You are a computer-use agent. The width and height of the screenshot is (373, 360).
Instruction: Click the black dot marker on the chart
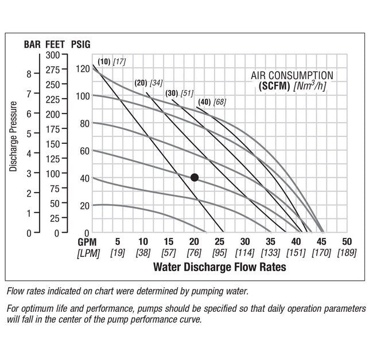[x=195, y=178]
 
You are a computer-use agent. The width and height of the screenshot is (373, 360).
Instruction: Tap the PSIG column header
[x=80, y=44]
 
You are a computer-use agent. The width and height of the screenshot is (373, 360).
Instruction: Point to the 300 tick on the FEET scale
[x=53, y=54]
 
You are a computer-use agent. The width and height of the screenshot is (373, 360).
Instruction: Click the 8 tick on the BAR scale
[x=29, y=74]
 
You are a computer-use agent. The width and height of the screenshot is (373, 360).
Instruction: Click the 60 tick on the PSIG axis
[x=84, y=151]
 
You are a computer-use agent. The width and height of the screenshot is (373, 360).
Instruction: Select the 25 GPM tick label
[x=219, y=242]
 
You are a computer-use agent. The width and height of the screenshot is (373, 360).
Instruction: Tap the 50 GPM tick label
[x=347, y=242]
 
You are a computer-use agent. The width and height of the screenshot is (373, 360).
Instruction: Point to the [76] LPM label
[x=194, y=253]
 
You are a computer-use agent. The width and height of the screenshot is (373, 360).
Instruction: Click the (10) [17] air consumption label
[x=111, y=61]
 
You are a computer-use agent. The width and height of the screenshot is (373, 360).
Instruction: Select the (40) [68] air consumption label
[x=211, y=102]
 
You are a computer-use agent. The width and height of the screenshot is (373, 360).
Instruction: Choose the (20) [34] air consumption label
[x=148, y=83]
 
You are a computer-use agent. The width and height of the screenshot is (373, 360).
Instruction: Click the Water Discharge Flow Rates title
[x=219, y=267]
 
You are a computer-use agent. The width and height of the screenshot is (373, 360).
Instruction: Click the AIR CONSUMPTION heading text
[x=292, y=75]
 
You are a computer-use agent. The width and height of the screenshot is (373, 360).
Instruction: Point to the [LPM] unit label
[x=88, y=253]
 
